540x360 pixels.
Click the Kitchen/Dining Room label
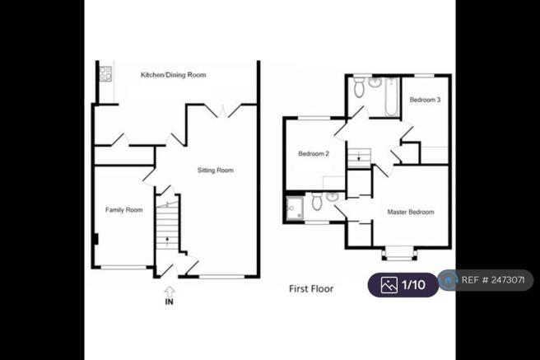coord(173,75)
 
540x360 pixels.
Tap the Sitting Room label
coord(216,171)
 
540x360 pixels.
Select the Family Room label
coord(124,210)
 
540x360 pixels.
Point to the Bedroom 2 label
coord(314,154)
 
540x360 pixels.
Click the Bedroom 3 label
coord(425,100)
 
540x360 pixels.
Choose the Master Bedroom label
coord(411,212)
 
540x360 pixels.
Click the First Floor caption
coord(311,288)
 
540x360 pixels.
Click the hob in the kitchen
coord(105,74)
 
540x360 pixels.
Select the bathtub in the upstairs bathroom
coord(392,97)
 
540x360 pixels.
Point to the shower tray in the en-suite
coord(296,208)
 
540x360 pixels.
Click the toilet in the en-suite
coord(317,201)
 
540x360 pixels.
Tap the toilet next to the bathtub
coord(359,86)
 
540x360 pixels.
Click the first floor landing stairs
coord(359,158)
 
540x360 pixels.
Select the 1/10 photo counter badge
coord(403,285)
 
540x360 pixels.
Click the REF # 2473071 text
coord(493,280)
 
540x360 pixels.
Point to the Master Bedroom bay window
coord(398,253)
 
